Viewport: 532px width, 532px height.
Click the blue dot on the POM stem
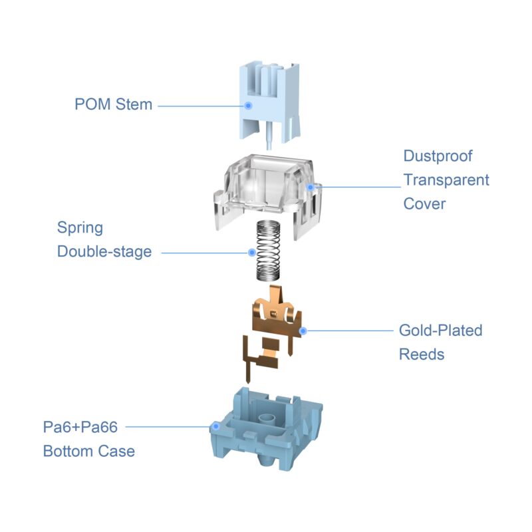[248, 105]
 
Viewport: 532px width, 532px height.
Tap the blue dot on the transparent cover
[310, 187]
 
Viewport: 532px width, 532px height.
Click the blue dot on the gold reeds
[303, 329]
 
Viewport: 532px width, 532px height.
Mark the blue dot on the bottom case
[215, 426]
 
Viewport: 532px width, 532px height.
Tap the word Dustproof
[438, 156]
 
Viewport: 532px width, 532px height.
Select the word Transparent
[446, 180]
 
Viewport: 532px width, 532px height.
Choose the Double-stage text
[104, 251]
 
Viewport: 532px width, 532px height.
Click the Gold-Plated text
[440, 330]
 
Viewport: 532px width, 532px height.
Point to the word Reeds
[422, 354]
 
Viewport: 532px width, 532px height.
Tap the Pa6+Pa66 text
[80, 426]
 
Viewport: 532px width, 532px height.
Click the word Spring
[80, 227]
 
